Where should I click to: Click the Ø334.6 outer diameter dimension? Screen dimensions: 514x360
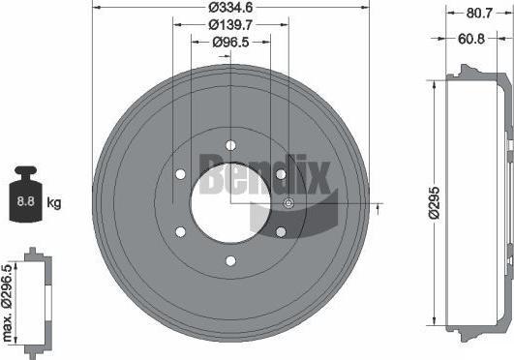(230, 7)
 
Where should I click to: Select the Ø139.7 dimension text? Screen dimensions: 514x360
(230, 24)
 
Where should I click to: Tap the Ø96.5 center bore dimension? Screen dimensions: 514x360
(230, 42)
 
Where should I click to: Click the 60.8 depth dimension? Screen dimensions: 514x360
(471, 39)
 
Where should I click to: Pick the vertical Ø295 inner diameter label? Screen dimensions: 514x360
(435, 203)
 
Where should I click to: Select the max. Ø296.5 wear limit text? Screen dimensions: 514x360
(7, 303)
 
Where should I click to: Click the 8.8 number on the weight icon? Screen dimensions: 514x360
(25, 201)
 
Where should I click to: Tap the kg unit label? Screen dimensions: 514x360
(54, 202)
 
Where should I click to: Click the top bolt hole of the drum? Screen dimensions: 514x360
(230, 145)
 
